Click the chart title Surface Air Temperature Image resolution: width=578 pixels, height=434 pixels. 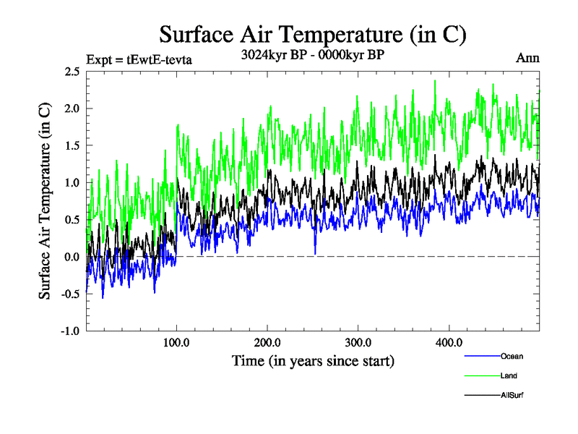312,34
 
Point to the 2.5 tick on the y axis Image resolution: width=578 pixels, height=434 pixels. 72,72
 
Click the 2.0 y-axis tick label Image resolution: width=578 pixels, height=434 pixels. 72,109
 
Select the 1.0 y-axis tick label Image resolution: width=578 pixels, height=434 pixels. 72,183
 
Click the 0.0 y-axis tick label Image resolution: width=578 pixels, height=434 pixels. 72,257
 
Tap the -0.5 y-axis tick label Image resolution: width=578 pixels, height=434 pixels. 69,294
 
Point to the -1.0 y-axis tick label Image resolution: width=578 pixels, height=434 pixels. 69,331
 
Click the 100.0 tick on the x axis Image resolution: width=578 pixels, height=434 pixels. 177,342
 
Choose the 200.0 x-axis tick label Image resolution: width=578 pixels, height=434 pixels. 268,342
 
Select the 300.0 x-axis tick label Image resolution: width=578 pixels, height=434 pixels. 358,342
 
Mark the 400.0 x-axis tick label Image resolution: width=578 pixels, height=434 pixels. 449,342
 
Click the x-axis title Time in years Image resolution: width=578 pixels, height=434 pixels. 313,359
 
